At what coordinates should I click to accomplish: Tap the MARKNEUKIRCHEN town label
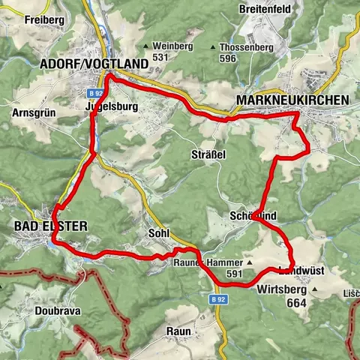click(292, 100)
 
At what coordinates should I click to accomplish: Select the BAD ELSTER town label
click(50, 226)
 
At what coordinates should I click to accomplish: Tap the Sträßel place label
click(208, 153)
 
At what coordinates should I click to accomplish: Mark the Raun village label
click(178, 330)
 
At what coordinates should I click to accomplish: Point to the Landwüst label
click(300, 270)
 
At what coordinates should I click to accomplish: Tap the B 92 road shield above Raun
click(217, 298)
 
